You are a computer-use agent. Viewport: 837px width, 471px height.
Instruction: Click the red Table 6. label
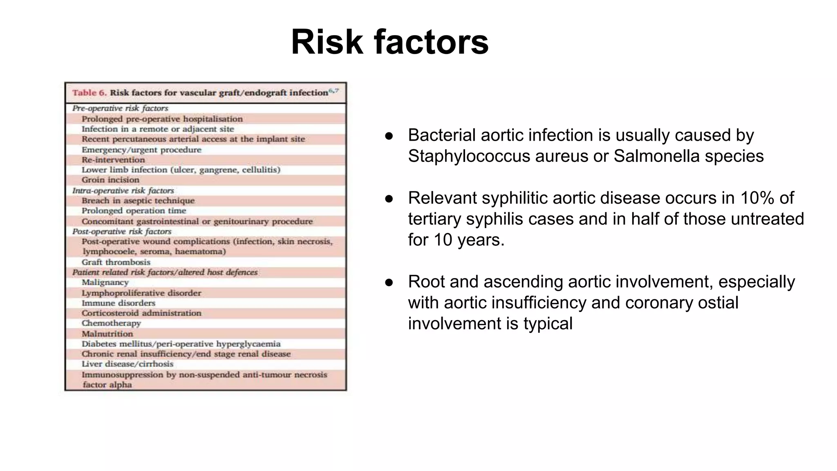(x=89, y=93)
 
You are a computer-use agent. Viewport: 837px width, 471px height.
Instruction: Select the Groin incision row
(x=110, y=180)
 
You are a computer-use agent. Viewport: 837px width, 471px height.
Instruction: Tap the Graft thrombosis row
(x=116, y=262)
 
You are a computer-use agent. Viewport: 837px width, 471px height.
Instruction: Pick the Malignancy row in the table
(x=105, y=283)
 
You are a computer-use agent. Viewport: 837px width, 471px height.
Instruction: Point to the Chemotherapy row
(x=111, y=323)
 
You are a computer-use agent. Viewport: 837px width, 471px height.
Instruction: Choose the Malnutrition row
(x=107, y=334)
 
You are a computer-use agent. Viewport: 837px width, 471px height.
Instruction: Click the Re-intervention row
(x=113, y=160)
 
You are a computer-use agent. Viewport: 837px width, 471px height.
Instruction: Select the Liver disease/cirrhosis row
(x=128, y=364)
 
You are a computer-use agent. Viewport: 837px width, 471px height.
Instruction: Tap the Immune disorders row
(x=119, y=303)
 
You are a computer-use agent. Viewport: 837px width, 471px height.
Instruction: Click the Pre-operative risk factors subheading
(x=120, y=108)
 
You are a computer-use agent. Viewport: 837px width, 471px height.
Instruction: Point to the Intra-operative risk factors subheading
(x=123, y=191)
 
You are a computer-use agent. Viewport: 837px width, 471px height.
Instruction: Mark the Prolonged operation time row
(x=134, y=211)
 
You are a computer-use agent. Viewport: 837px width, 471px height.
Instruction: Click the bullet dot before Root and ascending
(x=389, y=283)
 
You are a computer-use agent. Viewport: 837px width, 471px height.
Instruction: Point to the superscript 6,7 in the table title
(x=334, y=90)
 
